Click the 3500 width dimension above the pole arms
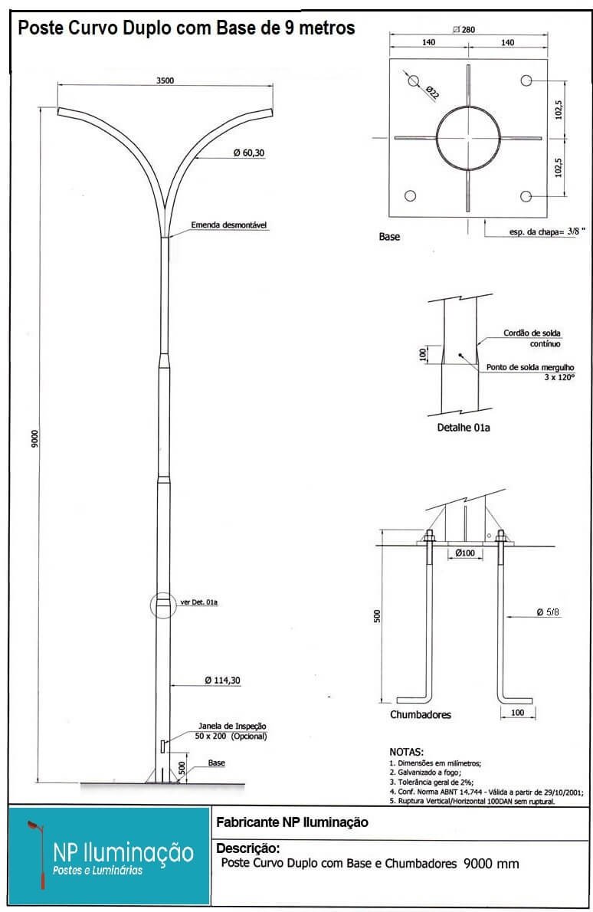pos(165,80)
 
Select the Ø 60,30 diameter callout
pos(249,153)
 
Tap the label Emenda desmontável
pos(229,225)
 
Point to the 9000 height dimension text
pos(35,439)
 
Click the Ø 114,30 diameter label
pos(223,680)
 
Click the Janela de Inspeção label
pos(233,726)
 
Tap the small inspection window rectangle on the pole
pos(162,746)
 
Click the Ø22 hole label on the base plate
pos(432,93)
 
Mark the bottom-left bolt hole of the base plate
pos(410,196)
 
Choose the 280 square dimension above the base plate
pos(464,30)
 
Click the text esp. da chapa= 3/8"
pos(547,231)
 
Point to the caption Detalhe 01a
pos(464,428)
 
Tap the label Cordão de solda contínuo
pos(532,338)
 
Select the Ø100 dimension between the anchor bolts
pos(465,553)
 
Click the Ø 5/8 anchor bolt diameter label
pos(548,612)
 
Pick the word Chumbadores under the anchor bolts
pos(421,715)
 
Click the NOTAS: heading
pos(406,752)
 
